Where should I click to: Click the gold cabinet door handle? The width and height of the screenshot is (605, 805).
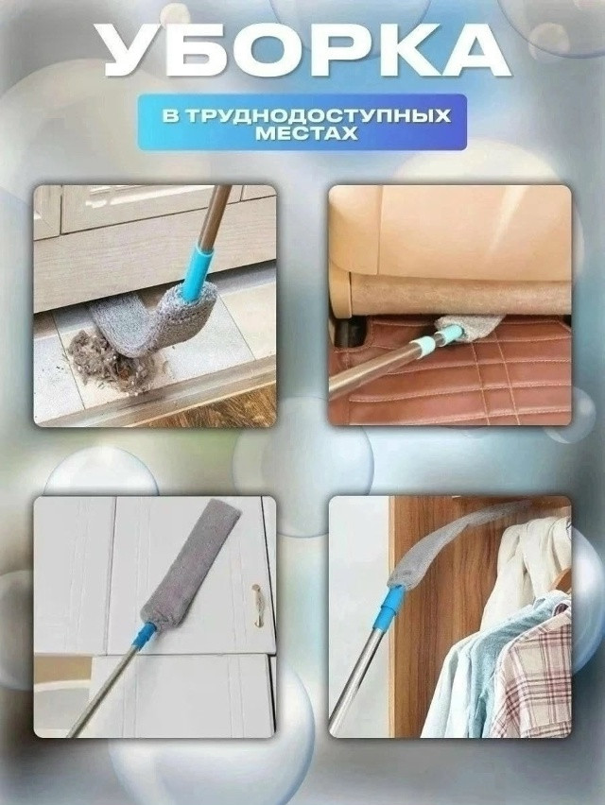coord(256,604)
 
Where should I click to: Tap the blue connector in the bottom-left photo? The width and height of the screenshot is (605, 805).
coord(145,636)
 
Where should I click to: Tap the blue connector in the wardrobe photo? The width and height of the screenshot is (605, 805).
coord(389,606)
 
